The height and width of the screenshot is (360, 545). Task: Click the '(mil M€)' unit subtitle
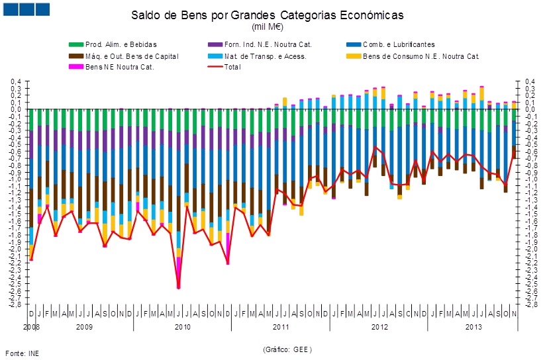pyautogui.click(x=267, y=26)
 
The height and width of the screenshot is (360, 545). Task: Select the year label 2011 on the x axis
pyautogui.click(x=281, y=327)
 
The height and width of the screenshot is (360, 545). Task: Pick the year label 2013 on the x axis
pyautogui.click(x=473, y=327)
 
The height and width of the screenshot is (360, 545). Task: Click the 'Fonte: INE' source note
pyautogui.click(x=22, y=353)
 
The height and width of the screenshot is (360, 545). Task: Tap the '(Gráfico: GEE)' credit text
pyautogui.click(x=287, y=349)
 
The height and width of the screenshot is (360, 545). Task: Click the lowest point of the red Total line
pyautogui.click(x=179, y=287)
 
